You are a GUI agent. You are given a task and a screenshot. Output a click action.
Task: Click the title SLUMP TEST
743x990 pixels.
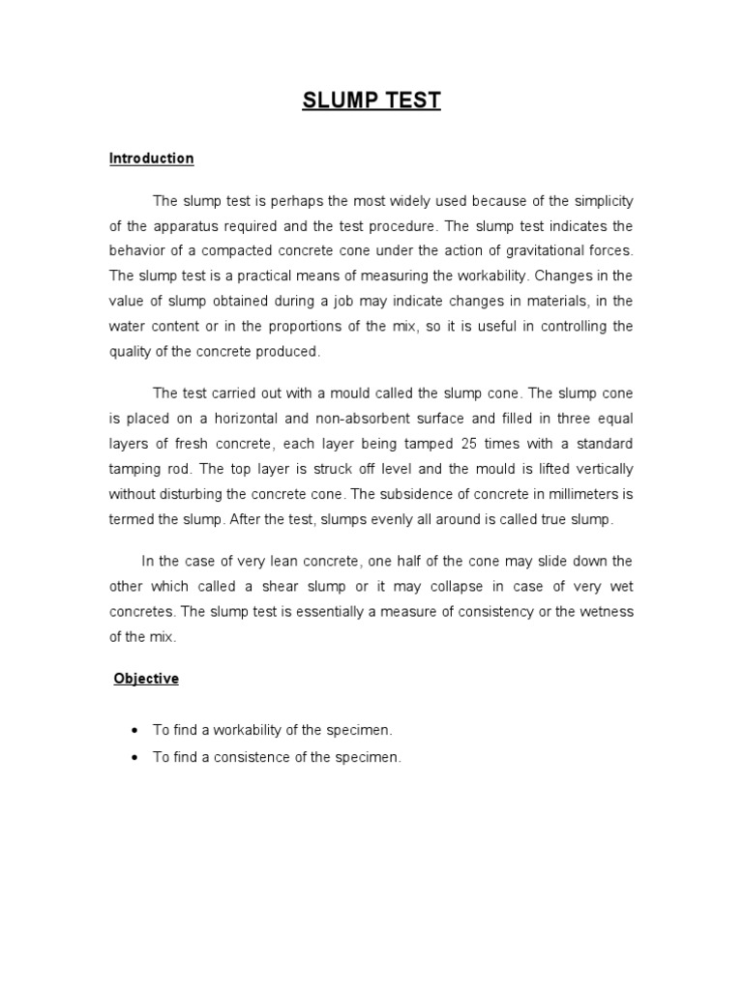371,102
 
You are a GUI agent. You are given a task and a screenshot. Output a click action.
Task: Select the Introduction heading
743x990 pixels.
151,158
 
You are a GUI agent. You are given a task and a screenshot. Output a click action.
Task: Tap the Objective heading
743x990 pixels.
146,679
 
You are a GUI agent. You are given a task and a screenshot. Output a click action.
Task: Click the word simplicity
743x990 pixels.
595,201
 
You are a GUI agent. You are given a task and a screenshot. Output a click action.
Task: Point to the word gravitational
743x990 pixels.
540,251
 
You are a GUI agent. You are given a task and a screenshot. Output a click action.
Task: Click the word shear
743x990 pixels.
279,586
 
